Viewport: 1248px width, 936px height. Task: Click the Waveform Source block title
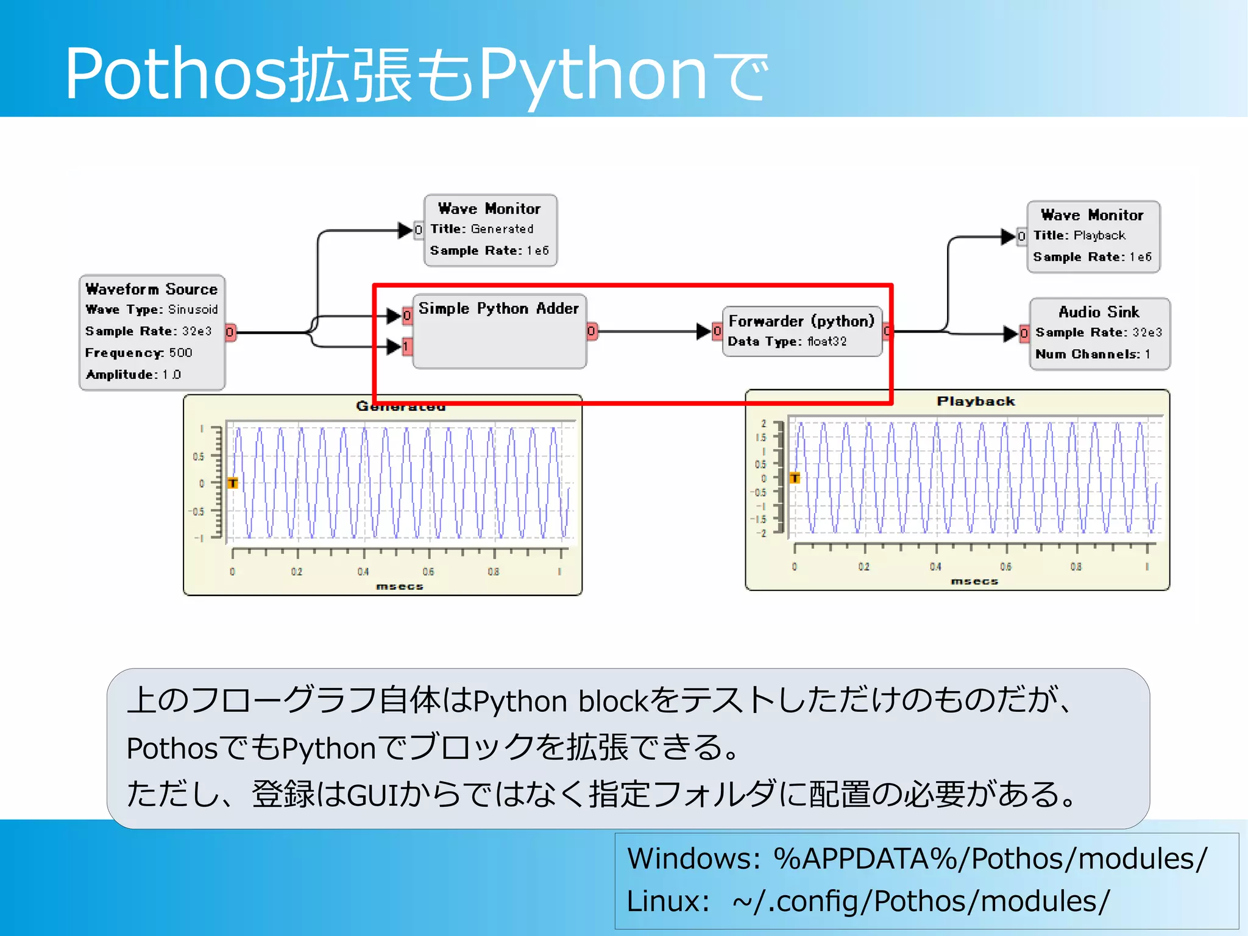[x=151, y=289]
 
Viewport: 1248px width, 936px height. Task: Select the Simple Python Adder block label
[x=498, y=308]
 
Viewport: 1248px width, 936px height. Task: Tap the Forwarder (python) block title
[x=801, y=321]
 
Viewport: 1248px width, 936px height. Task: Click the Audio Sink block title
[x=1099, y=312]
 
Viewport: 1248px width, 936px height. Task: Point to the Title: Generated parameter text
[x=482, y=229]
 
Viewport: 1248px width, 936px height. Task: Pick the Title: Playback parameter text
[x=1079, y=235]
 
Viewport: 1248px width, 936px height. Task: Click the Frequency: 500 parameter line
[x=138, y=353]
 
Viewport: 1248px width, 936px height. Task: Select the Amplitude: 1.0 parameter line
[x=133, y=374]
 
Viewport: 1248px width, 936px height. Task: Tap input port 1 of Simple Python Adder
[x=406, y=347]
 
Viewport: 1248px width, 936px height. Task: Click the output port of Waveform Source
[x=230, y=332]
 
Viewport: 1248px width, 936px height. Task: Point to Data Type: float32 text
[x=787, y=341]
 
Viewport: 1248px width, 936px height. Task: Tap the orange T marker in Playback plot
[x=795, y=478]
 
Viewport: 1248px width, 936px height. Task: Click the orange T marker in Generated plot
[x=233, y=483]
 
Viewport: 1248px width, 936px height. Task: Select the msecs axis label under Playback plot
[x=974, y=581]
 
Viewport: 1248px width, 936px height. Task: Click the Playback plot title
[x=976, y=401]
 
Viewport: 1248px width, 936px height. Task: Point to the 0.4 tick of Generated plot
[x=363, y=571]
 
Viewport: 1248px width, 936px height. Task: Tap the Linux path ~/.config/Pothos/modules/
[x=921, y=901]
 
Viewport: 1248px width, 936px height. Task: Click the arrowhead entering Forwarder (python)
[x=704, y=331]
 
